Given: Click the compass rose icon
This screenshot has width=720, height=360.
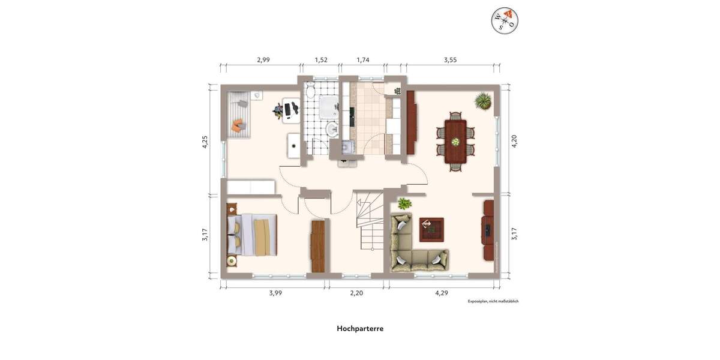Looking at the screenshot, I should (505, 21).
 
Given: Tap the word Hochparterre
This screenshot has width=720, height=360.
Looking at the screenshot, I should (360, 328).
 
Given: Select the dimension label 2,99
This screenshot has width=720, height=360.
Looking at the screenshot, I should (263, 60).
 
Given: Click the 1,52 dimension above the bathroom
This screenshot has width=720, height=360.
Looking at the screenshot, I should (321, 60).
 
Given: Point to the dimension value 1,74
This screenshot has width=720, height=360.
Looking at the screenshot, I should (363, 60).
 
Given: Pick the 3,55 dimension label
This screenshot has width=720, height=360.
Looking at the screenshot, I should (451, 60).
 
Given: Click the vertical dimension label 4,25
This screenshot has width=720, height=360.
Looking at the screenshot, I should (205, 142).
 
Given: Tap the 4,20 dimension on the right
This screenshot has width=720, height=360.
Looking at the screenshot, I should (514, 142).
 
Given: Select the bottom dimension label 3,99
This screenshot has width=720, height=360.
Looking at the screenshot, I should (275, 293).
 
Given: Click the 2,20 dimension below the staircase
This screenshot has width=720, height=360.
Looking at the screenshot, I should (356, 293).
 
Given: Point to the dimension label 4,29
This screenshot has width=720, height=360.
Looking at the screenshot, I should (442, 293).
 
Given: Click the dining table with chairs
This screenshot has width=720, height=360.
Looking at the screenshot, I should (455, 142).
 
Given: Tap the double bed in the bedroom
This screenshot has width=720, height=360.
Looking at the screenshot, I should (252, 235).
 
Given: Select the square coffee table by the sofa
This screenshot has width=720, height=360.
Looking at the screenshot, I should (431, 229).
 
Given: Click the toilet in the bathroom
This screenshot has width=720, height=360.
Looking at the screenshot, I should (310, 92).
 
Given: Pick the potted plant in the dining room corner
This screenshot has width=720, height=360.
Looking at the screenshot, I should (483, 101).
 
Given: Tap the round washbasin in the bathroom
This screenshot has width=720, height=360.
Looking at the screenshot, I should (331, 129).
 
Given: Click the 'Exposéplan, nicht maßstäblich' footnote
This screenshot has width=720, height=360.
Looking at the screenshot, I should (493, 301).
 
